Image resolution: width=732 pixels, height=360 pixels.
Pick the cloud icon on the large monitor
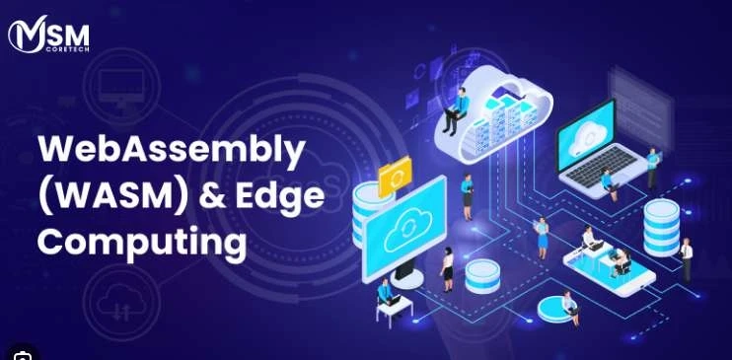pos(404,229)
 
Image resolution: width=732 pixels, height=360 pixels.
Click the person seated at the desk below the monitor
pos(386,296)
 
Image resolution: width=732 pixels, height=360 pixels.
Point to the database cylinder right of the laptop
pos(660,226)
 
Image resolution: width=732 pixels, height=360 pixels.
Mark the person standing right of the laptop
pos(652,167)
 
